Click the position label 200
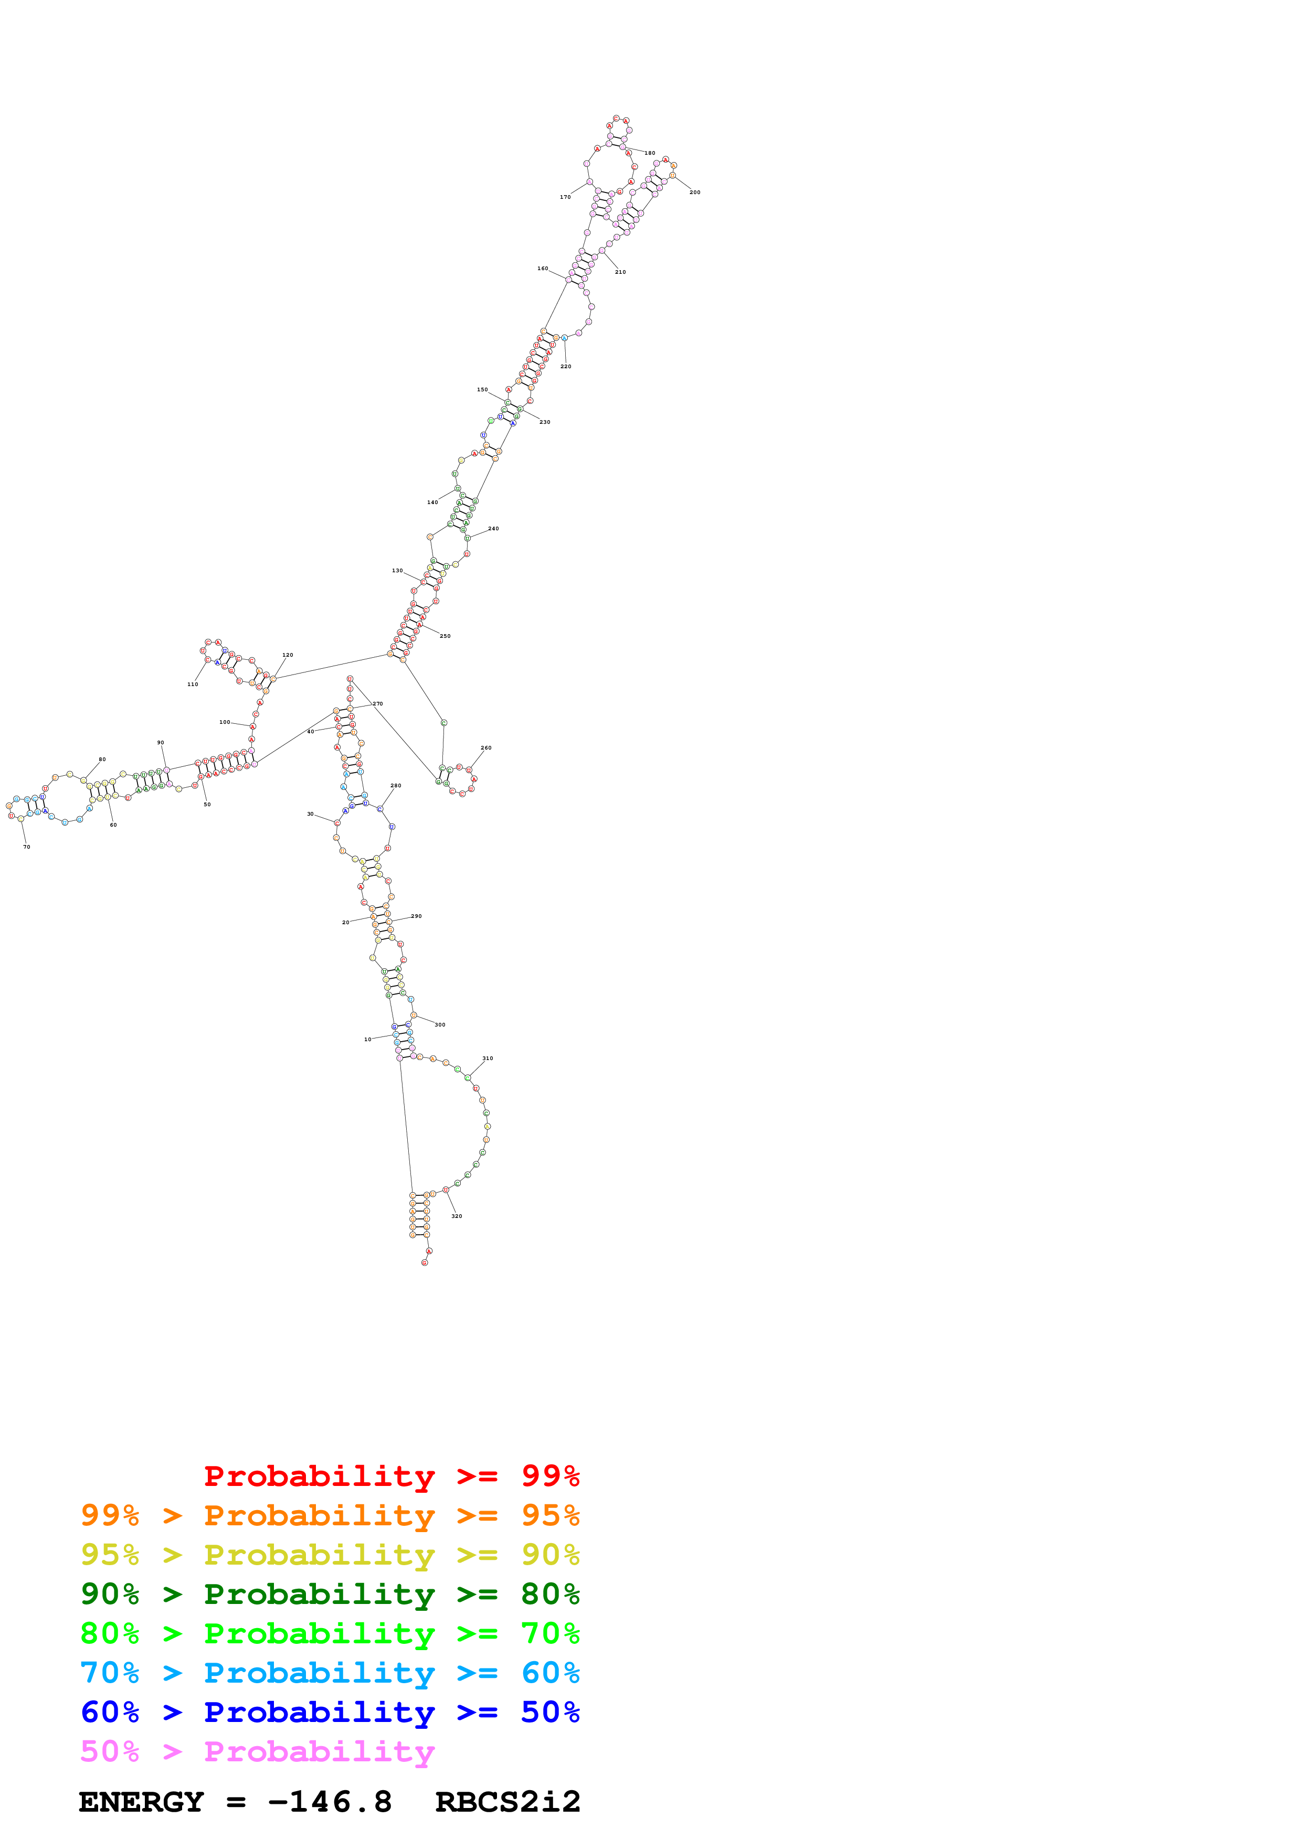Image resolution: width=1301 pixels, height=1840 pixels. (x=694, y=192)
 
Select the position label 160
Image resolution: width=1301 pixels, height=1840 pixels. (x=543, y=269)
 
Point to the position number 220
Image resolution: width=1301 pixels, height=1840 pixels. (x=565, y=366)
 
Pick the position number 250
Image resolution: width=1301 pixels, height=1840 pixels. (x=445, y=636)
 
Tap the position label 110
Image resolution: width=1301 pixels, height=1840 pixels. (x=193, y=684)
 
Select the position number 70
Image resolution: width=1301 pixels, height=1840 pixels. (x=26, y=847)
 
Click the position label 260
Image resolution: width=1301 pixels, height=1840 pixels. (x=486, y=748)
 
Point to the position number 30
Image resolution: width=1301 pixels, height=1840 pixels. (x=310, y=814)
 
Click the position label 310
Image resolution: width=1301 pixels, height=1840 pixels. (x=488, y=1058)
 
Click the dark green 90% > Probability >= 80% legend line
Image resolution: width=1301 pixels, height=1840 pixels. (x=330, y=1594)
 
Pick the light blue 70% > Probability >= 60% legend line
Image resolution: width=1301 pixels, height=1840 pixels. (x=330, y=1673)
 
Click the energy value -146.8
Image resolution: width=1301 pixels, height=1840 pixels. (x=330, y=1802)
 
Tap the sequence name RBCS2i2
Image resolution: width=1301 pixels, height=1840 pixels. (x=507, y=1802)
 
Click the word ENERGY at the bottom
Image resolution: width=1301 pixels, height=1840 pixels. (x=141, y=1802)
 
